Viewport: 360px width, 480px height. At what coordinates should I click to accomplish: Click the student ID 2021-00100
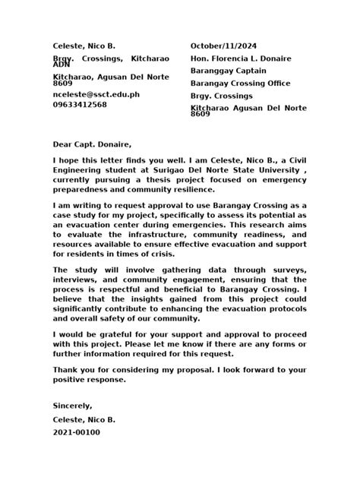click(76, 432)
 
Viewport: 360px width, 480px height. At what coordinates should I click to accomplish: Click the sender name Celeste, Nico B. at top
click(84, 47)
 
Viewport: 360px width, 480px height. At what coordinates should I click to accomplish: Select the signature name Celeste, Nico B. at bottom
click(84, 419)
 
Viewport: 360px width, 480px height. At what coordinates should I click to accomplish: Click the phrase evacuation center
click(102, 226)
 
